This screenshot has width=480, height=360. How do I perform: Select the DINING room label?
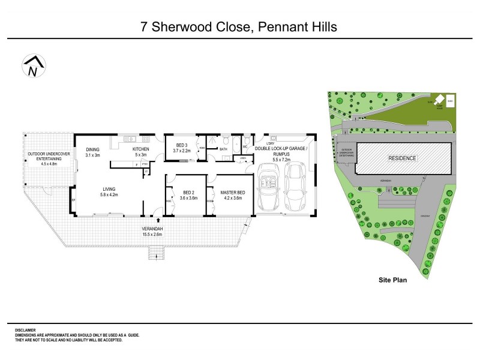pyautogui.click(x=92, y=149)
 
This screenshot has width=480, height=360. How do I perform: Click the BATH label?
pyautogui.click(x=224, y=149)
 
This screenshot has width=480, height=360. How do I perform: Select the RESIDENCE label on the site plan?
pyautogui.click(x=402, y=158)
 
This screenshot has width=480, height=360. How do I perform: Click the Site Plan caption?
pyautogui.click(x=393, y=279)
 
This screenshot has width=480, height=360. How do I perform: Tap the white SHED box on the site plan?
pyautogui.click(x=451, y=103)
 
